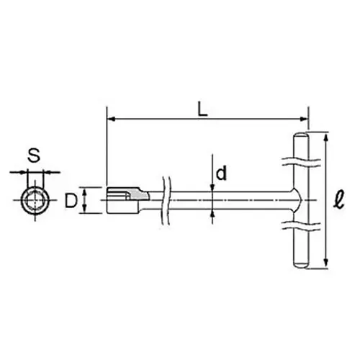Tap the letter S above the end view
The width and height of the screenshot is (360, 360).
point(33,153)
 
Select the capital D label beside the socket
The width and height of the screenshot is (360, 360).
point(70,200)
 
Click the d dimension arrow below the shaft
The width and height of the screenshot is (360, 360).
point(213,212)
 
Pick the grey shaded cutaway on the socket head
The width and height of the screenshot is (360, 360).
point(134,193)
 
